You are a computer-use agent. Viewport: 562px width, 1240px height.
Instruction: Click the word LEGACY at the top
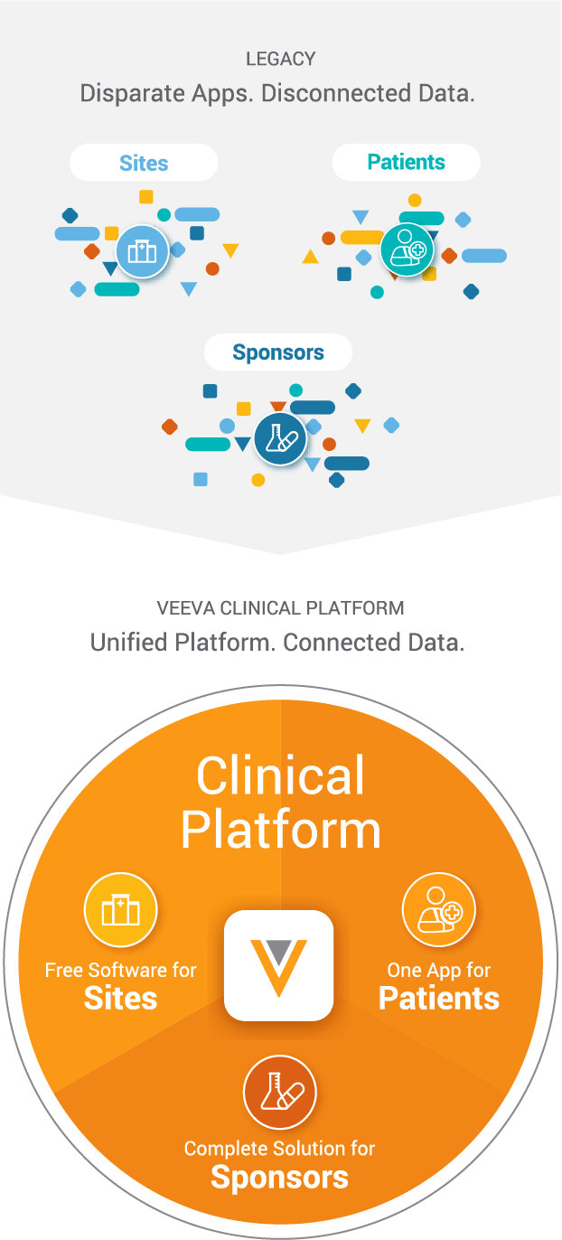coord(280,60)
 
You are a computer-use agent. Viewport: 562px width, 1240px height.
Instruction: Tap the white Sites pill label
coord(144,163)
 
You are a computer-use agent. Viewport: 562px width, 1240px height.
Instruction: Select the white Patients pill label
coord(406,163)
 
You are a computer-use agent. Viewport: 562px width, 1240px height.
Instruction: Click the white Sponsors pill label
coord(278,352)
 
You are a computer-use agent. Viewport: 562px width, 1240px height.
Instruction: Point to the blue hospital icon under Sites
coord(142,250)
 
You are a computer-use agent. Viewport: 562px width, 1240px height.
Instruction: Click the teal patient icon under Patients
coord(407,249)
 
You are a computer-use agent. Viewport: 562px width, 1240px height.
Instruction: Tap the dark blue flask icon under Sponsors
coord(279,438)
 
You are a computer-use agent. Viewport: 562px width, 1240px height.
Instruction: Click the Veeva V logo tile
coord(278,965)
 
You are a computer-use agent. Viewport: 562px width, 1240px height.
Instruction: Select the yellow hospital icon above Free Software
coord(120,910)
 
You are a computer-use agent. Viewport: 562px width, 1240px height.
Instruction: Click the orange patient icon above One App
coord(438,910)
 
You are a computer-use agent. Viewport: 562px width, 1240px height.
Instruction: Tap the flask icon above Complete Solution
coord(279,1093)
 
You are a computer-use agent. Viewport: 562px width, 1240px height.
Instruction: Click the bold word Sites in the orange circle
coord(120,999)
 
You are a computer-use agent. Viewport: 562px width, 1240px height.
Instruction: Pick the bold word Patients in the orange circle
coord(439,999)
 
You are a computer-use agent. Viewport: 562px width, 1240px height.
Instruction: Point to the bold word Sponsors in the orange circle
coord(279,1178)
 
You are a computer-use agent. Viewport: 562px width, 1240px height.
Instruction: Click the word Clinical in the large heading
coord(280,776)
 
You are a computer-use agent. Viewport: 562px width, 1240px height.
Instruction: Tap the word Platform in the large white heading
coord(280,831)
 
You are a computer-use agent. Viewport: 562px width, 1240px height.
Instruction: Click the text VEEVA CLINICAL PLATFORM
coord(280,607)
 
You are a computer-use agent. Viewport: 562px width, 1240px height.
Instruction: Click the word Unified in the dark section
coord(129,643)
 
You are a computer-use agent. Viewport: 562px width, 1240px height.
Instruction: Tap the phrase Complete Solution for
coord(279,1149)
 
